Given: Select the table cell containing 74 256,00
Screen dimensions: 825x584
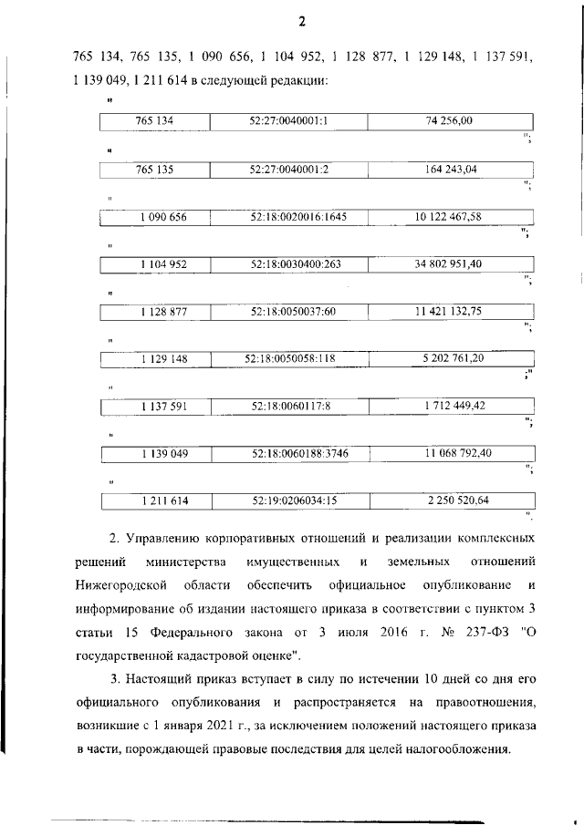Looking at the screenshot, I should pos(450,120).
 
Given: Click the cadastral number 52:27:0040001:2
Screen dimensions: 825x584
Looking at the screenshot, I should pos(287,169).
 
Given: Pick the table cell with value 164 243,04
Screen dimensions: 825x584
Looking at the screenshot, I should pos(450,169).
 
